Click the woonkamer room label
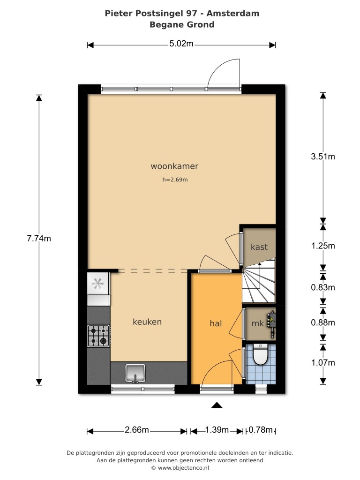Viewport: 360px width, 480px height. tap(174, 166)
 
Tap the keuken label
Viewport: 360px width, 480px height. tap(147, 322)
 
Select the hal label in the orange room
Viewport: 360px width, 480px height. tap(216, 323)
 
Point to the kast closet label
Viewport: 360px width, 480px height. tap(259, 247)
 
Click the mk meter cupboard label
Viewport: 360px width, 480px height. tap(257, 323)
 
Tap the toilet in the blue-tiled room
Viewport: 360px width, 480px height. tap(261, 354)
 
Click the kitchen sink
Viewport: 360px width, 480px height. tap(135, 374)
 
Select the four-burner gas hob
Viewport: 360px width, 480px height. tap(99, 336)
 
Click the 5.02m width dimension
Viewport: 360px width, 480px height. tap(181, 44)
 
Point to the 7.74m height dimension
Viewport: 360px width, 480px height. tap(39, 239)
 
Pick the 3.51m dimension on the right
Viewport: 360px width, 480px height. tap(323, 157)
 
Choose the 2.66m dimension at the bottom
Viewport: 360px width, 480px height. tap(137, 430)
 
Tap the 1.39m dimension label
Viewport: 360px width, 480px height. tap(217, 430)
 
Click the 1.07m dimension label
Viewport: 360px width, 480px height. tap(323, 363)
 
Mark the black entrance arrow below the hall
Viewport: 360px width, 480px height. tap(217, 405)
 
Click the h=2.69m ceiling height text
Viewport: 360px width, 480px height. tap(175, 180)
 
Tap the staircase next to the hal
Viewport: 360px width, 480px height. tap(259, 284)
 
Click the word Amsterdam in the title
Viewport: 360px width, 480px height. tap(232, 13)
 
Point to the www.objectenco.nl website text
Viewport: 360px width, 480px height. tap(183, 468)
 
